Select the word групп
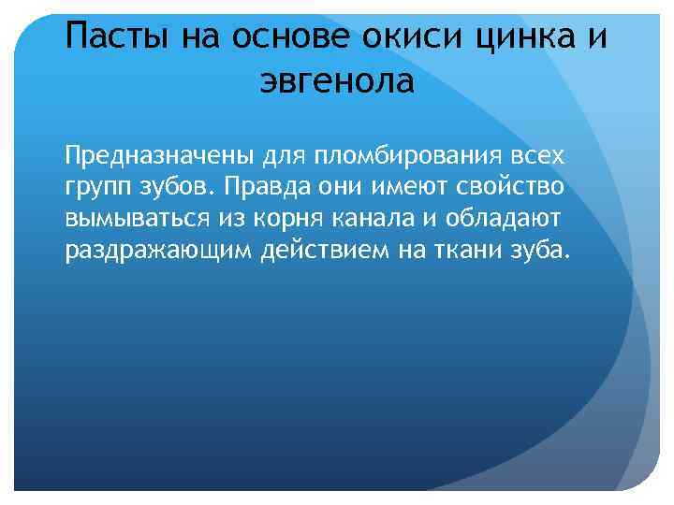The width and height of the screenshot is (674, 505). [x=97, y=187]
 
